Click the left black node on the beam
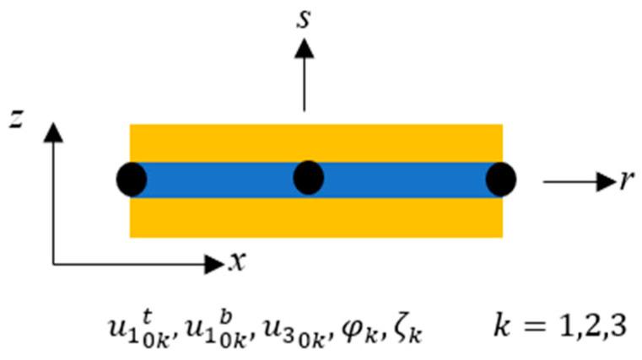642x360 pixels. (132, 180)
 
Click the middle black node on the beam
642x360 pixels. (309, 178)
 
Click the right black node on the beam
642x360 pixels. (501, 180)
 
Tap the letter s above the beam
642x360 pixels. (305, 19)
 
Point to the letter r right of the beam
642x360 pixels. (625, 180)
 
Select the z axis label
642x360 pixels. (16, 118)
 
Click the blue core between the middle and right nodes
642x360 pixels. (405, 180)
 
